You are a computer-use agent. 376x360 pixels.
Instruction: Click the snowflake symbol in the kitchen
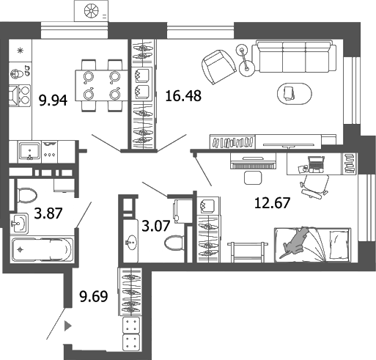click(21, 50)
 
